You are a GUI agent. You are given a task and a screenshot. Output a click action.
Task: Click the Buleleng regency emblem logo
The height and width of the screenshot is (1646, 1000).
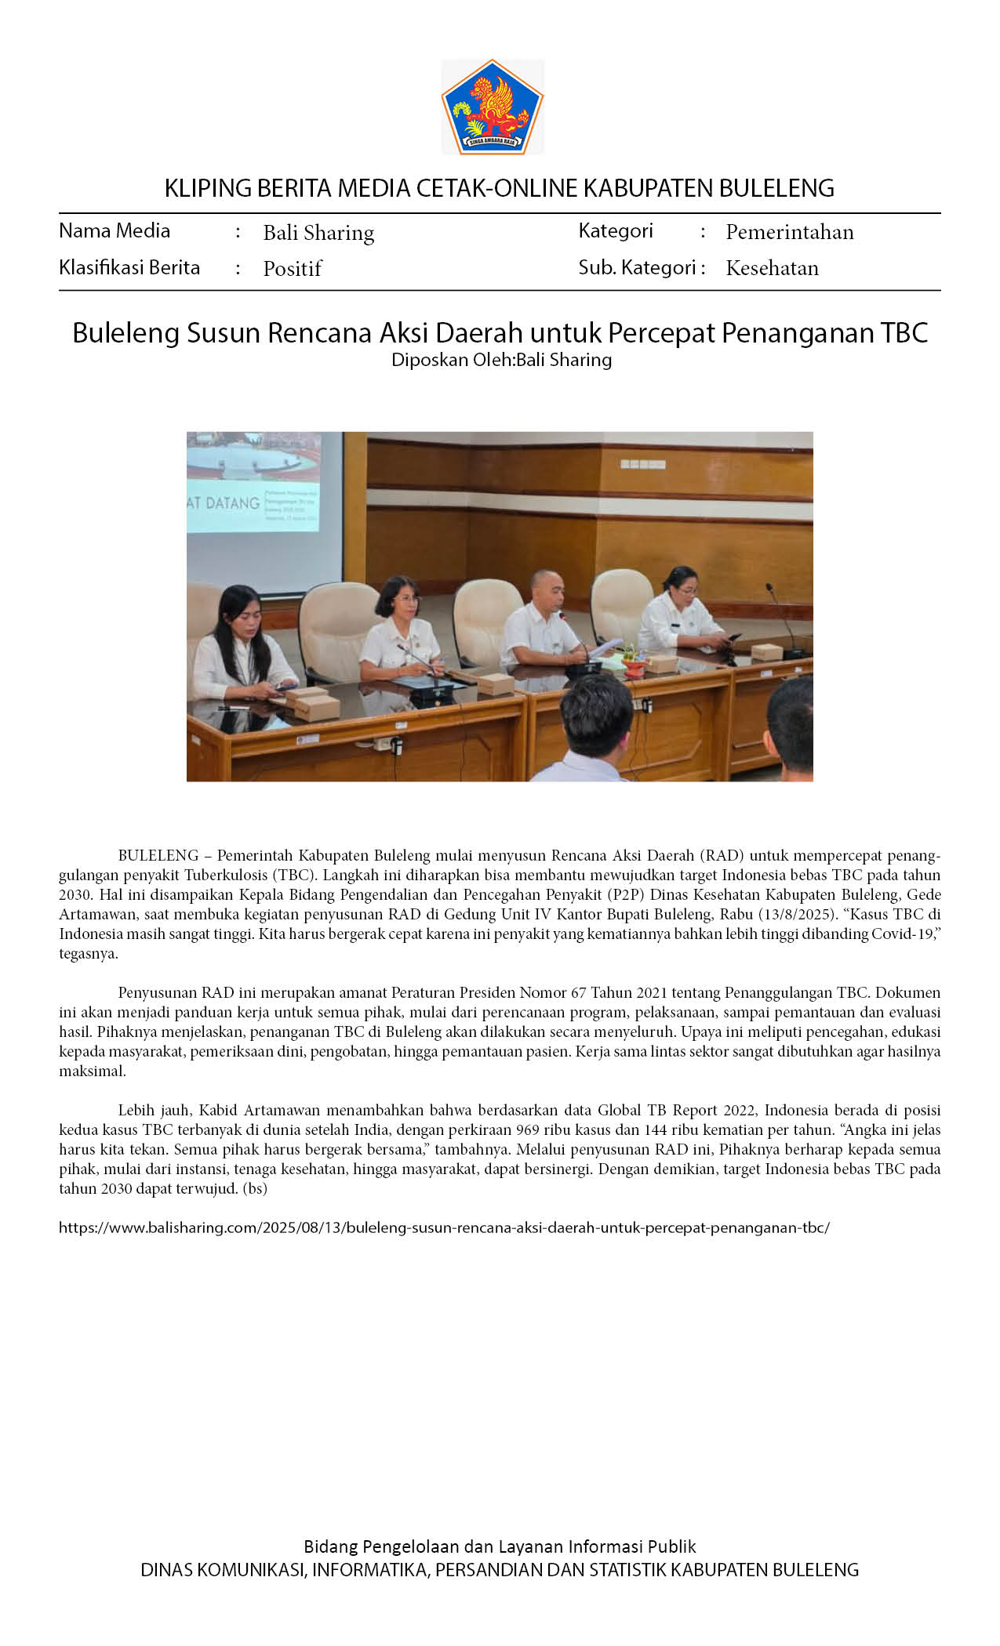tap(493, 107)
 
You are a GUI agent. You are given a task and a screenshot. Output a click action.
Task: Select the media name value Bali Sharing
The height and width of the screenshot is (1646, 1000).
tap(318, 233)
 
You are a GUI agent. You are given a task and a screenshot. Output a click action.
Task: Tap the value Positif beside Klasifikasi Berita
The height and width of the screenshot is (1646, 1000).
tap(293, 269)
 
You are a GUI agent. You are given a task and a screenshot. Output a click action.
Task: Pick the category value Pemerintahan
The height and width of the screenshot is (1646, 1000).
tap(789, 232)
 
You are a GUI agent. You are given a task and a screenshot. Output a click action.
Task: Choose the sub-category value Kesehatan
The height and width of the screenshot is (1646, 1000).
tap(772, 268)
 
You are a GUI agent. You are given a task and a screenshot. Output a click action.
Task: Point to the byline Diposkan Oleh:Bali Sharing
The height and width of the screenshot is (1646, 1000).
tap(501, 360)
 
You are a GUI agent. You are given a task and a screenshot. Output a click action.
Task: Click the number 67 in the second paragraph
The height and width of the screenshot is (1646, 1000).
tap(579, 992)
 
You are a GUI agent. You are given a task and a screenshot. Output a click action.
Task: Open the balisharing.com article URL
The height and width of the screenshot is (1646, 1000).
tap(444, 1227)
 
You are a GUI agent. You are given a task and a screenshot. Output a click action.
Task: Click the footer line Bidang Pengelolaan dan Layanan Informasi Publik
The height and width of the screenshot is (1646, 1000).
tap(500, 1546)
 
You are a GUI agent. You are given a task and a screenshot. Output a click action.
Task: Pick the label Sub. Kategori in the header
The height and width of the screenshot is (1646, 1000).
tap(637, 268)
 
